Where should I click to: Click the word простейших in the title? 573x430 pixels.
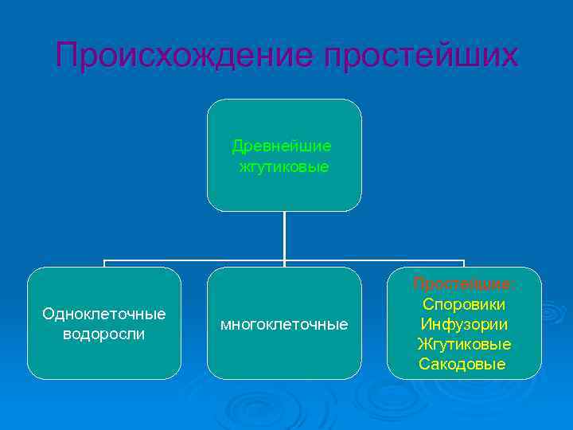(x=421, y=56)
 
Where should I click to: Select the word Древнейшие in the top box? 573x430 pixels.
(x=282, y=147)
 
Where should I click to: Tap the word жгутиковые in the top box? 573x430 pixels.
(x=284, y=167)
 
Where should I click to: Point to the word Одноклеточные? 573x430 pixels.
(x=104, y=314)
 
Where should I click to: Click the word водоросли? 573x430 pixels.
(x=104, y=334)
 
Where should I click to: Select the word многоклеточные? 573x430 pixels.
(x=284, y=324)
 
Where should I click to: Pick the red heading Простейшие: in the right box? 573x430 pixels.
(x=464, y=283)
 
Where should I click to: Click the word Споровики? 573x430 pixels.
(x=464, y=304)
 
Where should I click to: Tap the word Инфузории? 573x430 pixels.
(x=464, y=324)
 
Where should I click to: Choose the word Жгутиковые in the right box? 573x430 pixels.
(x=464, y=344)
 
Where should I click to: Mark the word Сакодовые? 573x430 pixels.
(x=462, y=364)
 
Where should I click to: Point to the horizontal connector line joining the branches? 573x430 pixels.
(x=199, y=260)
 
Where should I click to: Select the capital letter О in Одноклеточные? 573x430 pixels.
(x=48, y=314)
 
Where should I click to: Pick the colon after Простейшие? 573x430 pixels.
(x=514, y=285)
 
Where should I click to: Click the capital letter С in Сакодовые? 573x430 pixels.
(x=424, y=364)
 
